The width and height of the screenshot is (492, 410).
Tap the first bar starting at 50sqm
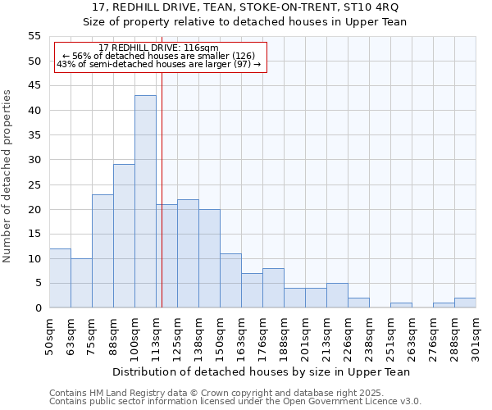60,278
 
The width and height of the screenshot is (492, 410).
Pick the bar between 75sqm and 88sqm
102,251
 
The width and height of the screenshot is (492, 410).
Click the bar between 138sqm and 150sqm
209,258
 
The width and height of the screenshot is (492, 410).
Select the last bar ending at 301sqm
465,303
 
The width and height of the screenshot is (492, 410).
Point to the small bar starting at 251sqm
401,305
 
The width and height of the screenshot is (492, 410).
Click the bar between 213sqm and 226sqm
337,295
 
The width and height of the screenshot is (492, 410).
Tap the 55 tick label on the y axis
34,36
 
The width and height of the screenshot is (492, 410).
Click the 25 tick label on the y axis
34,184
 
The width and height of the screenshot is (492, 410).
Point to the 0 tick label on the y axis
37,308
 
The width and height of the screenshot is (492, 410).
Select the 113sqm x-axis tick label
157,336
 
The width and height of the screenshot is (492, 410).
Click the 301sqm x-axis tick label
476,336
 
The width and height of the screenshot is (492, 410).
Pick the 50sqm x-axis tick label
50,336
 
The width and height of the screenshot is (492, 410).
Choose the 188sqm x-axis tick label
285,336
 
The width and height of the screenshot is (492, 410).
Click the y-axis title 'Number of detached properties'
8,176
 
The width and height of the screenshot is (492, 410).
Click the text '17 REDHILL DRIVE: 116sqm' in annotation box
157,48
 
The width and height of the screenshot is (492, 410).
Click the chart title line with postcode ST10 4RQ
245,7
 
